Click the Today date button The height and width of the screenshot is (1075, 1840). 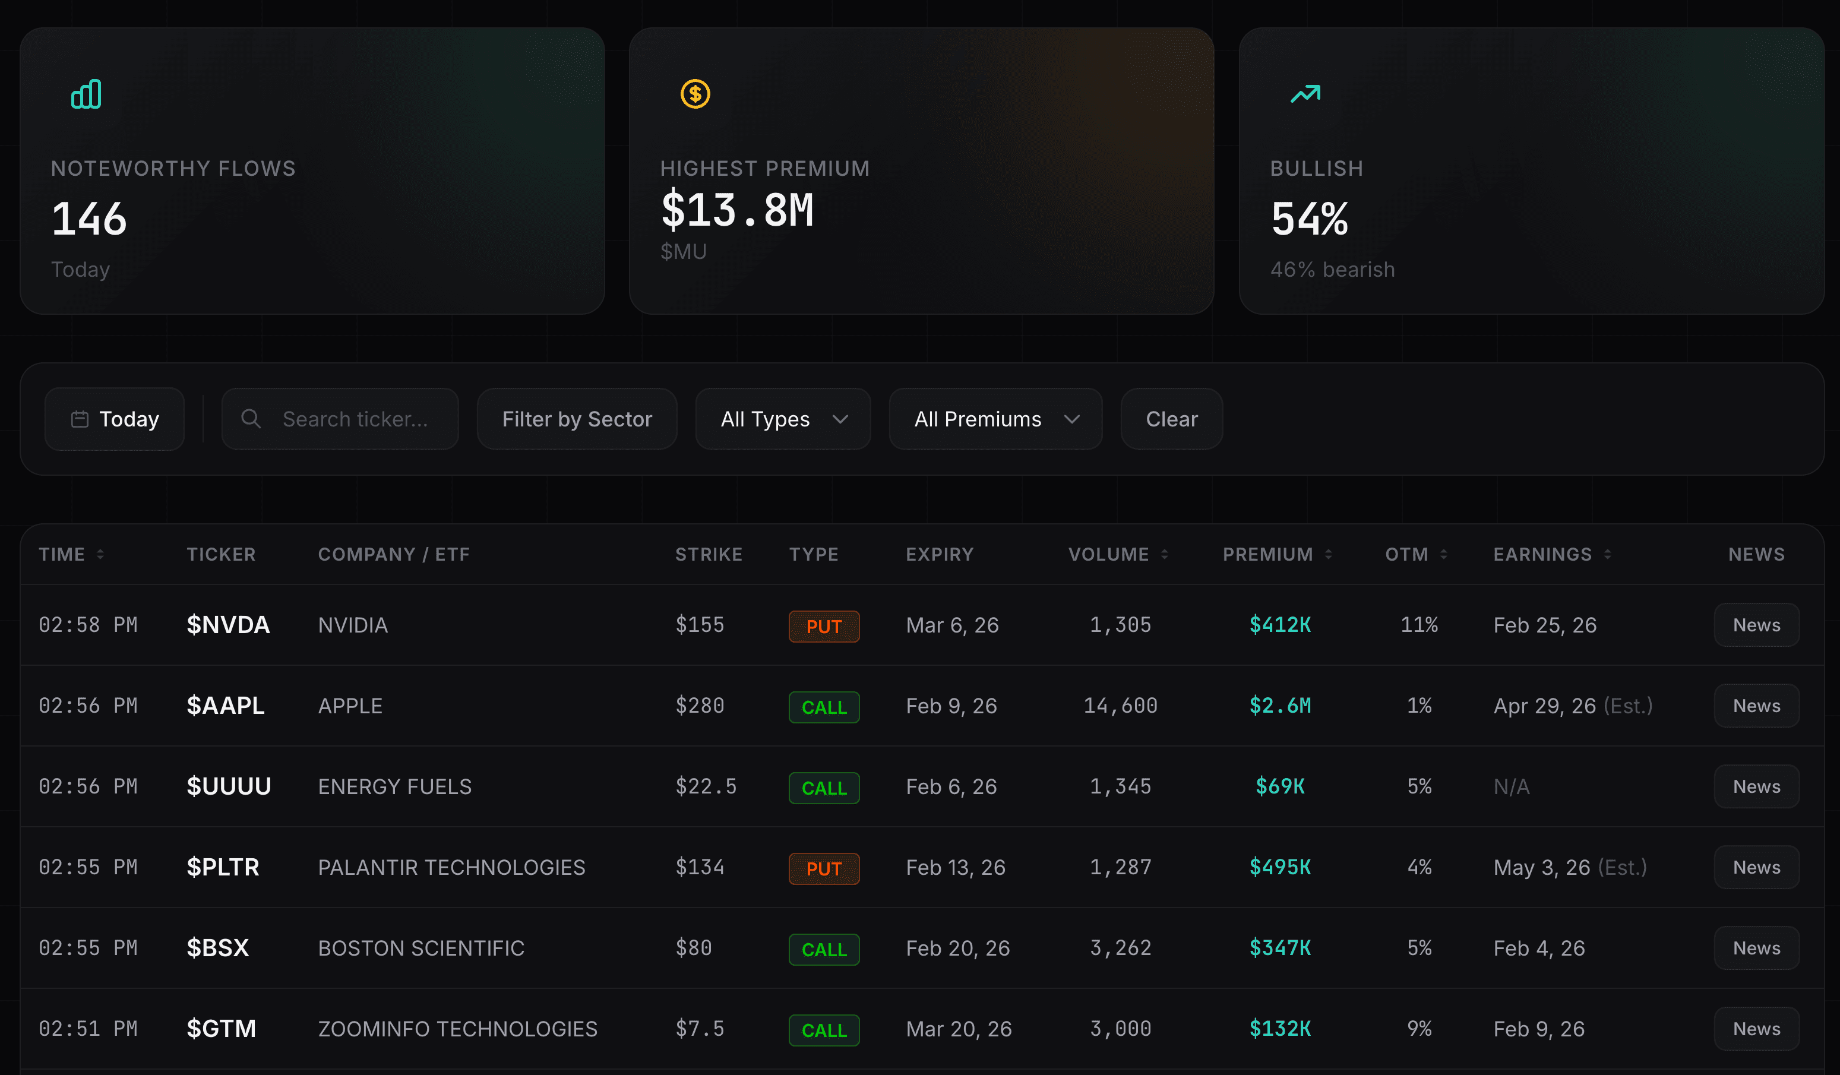tap(115, 419)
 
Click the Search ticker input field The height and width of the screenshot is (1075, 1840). tap(354, 419)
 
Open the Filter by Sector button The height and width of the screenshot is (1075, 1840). tap(577, 419)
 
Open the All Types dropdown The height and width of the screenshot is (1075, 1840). tap(783, 419)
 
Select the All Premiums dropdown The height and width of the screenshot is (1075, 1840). tap(995, 419)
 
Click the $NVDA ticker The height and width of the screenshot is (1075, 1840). tap(228, 625)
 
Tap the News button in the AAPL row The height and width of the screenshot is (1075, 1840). tap(1756, 706)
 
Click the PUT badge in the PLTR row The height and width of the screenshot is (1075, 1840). tap(824, 868)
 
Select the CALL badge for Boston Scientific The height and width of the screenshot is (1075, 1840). tap(824, 950)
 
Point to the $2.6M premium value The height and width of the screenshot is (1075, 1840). tap(1279, 706)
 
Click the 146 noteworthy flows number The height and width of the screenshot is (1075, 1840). tap(89, 219)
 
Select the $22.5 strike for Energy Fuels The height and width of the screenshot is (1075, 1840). tap(706, 786)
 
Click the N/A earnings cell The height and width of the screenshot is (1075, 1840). tap(1511, 786)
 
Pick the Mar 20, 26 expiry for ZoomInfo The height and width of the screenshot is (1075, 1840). tap(958, 1029)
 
